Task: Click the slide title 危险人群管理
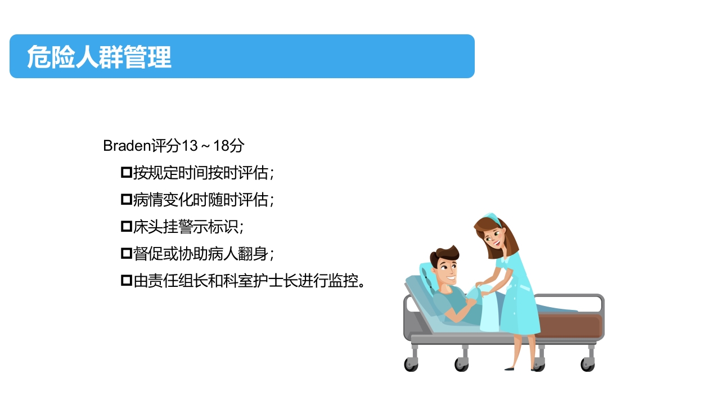[x=99, y=57]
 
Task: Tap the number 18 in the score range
[x=222, y=146]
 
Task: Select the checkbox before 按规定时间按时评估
[x=126, y=172]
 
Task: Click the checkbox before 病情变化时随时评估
[x=126, y=199]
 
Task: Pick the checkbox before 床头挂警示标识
[x=126, y=226]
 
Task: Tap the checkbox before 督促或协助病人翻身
[x=126, y=253]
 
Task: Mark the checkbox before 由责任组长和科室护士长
[x=126, y=280]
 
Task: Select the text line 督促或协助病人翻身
[x=202, y=253]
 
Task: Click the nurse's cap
[x=492, y=217]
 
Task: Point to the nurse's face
[x=495, y=238]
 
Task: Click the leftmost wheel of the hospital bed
[x=411, y=364]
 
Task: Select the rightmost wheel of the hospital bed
[x=587, y=364]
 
